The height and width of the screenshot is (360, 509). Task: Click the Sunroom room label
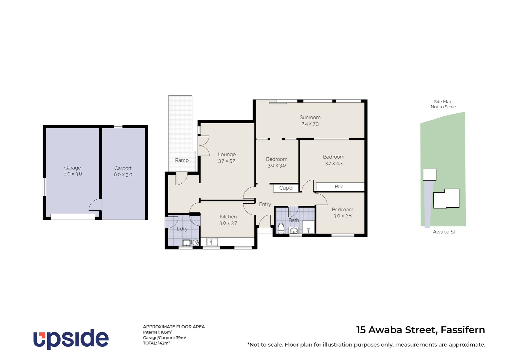click(x=310, y=117)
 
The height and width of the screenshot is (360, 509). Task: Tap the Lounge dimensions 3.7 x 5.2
click(x=227, y=161)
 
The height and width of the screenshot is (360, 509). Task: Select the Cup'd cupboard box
click(x=286, y=188)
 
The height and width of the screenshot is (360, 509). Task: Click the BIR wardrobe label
click(x=339, y=187)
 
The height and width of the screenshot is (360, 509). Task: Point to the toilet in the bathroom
click(x=281, y=228)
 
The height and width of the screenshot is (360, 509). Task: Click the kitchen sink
click(x=212, y=242)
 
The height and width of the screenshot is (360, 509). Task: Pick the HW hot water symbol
click(x=195, y=242)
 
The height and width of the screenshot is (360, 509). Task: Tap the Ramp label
click(x=182, y=160)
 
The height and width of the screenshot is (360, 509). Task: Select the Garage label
click(x=73, y=168)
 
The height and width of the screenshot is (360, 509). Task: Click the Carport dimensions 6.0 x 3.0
click(x=123, y=175)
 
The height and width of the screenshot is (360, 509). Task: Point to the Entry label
click(x=265, y=204)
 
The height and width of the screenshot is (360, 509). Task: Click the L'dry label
click(x=182, y=229)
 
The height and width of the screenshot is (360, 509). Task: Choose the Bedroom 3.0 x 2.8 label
click(x=342, y=210)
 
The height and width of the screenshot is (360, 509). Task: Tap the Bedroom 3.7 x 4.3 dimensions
click(x=334, y=163)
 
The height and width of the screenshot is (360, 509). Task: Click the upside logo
click(x=71, y=339)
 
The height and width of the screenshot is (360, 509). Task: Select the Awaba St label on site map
click(x=444, y=232)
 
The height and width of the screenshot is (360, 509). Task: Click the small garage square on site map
click(x=429, y=175)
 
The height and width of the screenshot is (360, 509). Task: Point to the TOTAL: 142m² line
click(x=157, y=343)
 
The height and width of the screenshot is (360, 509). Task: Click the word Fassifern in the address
click(x=463, y=330)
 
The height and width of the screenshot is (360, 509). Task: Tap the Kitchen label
click(x=228, y=217)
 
